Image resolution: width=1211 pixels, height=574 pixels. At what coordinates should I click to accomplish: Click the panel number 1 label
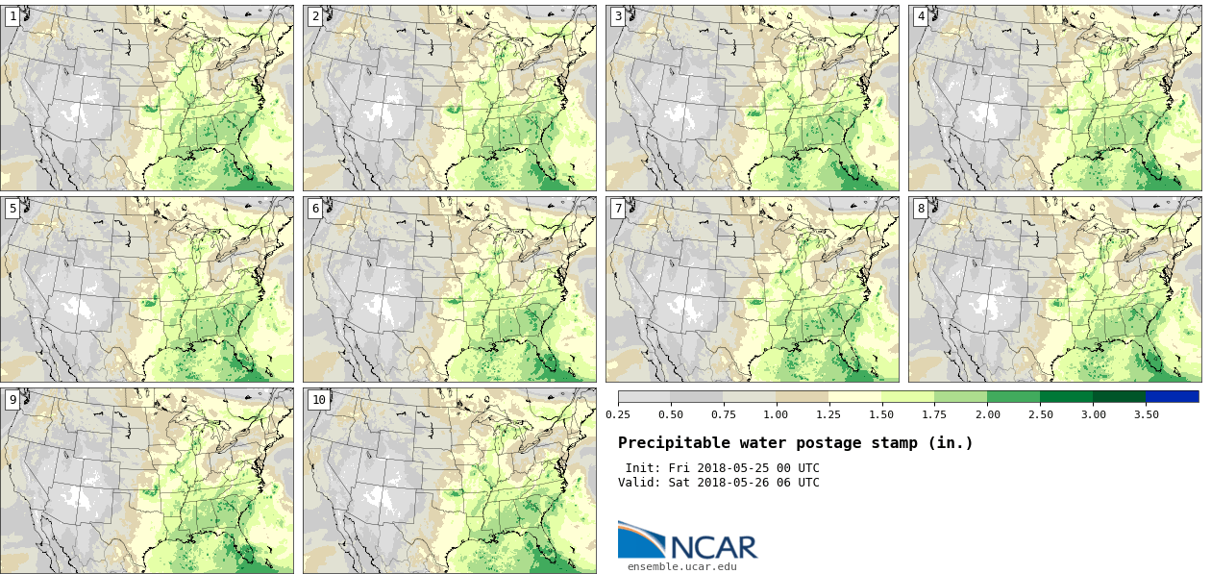point(12,16)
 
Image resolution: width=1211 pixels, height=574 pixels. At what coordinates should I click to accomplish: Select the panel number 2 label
point(315,16)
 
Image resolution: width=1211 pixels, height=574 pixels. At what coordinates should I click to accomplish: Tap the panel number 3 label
point(618,16)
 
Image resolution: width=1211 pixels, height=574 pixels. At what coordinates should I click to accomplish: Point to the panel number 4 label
point(921,16)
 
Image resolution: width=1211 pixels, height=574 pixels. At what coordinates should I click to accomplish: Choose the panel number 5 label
point(12,208)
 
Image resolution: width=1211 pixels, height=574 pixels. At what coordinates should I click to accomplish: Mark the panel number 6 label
point(315,208)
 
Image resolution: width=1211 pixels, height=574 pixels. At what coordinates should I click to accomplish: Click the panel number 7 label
point(618,208)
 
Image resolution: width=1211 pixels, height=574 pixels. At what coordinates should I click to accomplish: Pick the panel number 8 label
point(921,208)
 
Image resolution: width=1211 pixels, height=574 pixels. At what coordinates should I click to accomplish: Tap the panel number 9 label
point(12,399)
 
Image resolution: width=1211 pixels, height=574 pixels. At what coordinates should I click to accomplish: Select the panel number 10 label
point(318,399)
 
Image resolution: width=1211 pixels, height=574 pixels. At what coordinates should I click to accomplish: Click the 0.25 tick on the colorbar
point(618,414)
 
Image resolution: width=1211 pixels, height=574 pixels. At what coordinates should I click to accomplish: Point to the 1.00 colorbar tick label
point(776,414)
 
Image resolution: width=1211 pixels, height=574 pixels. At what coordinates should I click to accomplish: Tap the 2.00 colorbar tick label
point(987,414)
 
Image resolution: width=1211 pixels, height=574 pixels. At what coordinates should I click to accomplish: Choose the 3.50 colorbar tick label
point(1146,414)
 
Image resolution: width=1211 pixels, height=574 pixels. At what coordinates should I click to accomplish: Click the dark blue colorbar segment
point(1172,396)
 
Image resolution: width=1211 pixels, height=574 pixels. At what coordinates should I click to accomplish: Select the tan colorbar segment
point(803,396)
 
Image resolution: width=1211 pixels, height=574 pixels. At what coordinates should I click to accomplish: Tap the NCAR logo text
point(713,546)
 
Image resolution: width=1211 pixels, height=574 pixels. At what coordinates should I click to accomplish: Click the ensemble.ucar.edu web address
point(681,566)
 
